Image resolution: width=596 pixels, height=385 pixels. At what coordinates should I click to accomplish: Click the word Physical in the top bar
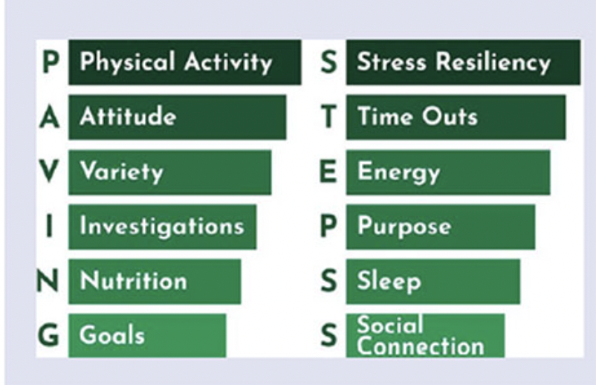(128, 62)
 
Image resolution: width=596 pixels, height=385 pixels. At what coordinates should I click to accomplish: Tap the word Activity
(228, 62)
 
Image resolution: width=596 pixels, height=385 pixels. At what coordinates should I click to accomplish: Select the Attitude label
(128, 116)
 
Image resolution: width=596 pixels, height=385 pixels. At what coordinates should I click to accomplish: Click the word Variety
(122, 172)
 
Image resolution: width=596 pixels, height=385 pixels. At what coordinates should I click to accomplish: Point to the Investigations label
(162, 227)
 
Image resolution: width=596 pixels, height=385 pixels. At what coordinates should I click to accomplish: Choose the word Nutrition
(134, 281)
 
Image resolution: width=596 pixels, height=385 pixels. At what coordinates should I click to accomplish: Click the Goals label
(112, 336)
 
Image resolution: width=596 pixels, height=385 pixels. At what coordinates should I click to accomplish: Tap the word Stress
(392, 62)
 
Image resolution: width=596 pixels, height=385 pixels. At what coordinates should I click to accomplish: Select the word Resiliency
(493, 62)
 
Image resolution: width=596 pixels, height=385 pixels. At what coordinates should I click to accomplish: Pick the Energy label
(399, 173)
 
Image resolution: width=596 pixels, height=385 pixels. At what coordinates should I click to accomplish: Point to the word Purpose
(404, 227)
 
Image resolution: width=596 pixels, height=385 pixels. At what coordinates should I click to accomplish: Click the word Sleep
(389, 282)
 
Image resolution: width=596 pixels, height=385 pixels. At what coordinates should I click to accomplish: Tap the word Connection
(421, 346)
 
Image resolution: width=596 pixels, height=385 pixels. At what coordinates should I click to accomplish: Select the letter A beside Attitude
(49, 117)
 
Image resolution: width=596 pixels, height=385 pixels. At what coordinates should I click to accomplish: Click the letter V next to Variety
(49, 171)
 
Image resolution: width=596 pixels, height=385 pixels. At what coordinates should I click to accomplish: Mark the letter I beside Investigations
(49, 226)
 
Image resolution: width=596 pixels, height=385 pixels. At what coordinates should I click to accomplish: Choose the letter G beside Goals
(48, 335)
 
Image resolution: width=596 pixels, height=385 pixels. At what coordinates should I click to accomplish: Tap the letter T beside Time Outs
(328, 117)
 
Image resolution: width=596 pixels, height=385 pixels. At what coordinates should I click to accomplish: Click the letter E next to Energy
(328, 171)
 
